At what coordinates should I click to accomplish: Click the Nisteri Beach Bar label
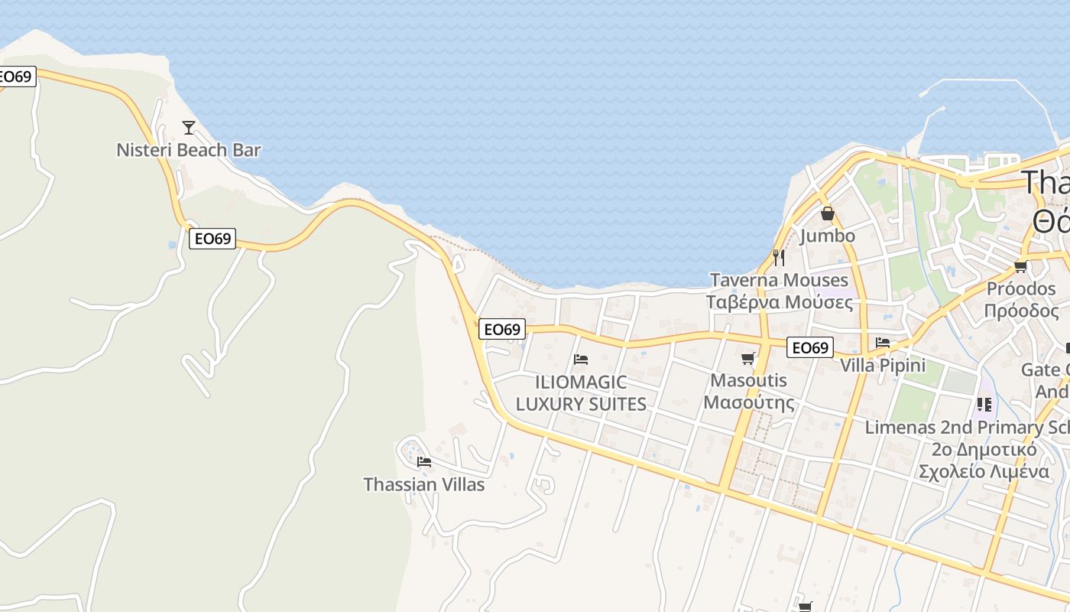tap(189, 150)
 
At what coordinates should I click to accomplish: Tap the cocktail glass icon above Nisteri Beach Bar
tap(189, 128)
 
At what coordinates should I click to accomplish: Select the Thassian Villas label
tap(423, 484)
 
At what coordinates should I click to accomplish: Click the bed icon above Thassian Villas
tap(424, 462)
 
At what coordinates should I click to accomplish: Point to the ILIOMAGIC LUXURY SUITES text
tap(581, 393)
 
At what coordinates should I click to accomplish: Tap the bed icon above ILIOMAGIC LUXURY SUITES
tap(581, 360)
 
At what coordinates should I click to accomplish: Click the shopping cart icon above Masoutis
tap(748, 358)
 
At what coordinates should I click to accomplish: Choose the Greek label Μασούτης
tap(748, 402)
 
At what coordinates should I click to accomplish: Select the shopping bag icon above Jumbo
tap(827, 213)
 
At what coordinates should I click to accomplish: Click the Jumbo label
tap(827, 236)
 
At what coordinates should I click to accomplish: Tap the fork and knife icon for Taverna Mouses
tap(779, 257)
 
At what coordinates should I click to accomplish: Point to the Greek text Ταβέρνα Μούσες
tap(780, 302)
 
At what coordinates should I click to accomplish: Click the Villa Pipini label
tap(883, 366)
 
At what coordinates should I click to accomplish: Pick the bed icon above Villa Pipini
tap(883, 343)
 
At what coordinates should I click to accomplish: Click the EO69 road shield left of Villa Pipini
tap(809, 348)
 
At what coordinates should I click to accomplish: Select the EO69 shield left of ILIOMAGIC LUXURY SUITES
tap(502, 330)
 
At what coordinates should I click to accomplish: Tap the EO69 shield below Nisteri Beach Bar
tap(212, 239)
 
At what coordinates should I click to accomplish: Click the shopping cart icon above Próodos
tap(1020, 266)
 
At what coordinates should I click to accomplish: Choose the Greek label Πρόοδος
tap(1021, 311)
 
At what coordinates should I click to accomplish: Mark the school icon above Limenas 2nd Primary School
tap(984, 404)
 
